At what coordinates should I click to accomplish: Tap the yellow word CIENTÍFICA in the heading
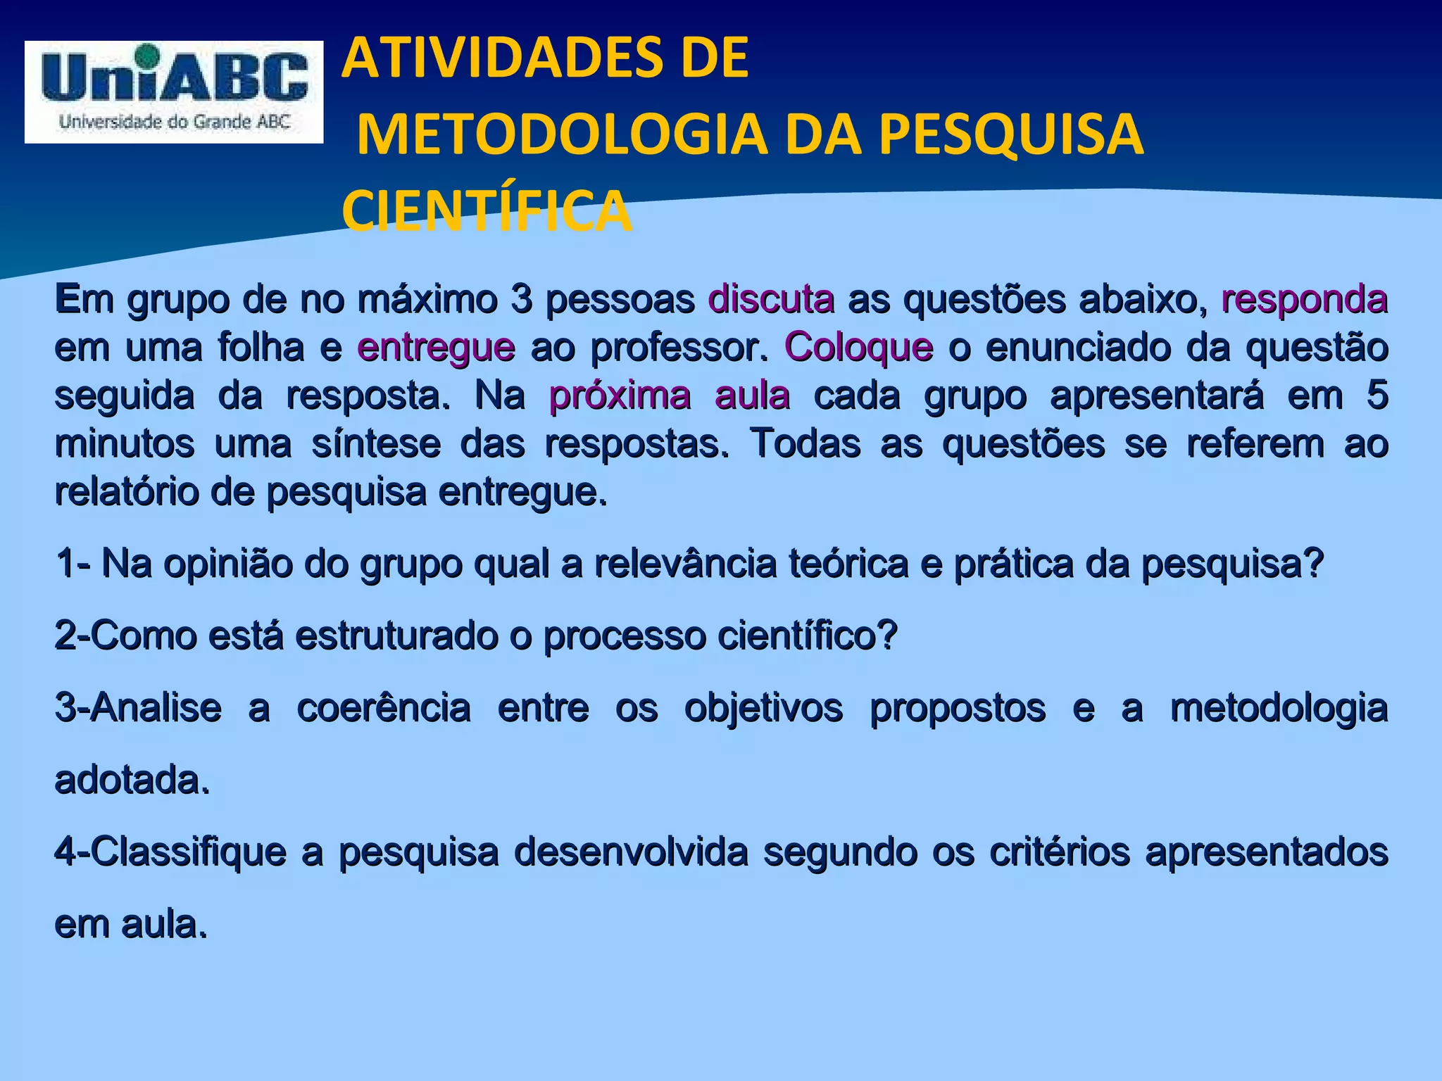(487, 212)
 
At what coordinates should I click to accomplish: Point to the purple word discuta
(771, 300)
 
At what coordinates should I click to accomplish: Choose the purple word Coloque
(858, 348)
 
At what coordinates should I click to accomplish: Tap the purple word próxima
(620, 396)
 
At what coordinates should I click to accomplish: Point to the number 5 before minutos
(1377, 396)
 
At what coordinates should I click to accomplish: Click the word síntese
(376, 444)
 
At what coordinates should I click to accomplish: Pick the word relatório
(127, 492)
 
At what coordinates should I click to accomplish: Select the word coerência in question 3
(384, 708)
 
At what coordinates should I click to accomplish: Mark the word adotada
(132, 780)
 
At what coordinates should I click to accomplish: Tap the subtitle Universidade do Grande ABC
(175, 122)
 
